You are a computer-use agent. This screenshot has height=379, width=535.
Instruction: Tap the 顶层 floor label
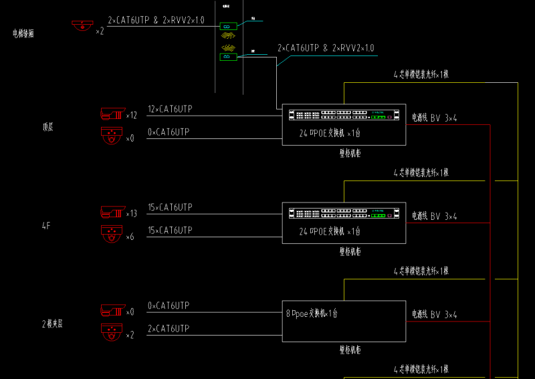47,126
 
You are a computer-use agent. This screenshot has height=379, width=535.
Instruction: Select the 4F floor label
46,226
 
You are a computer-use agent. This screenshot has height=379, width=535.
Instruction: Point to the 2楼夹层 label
52,324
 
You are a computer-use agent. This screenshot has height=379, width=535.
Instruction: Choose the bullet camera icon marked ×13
112,212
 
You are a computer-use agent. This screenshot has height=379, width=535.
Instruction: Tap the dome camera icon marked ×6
112,234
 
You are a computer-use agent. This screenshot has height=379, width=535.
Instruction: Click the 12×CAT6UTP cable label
170,109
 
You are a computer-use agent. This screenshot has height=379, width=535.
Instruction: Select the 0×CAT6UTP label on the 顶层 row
168,132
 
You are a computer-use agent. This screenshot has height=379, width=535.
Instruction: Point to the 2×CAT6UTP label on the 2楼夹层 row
168,329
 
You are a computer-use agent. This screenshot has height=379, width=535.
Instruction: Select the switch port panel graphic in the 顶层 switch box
344,116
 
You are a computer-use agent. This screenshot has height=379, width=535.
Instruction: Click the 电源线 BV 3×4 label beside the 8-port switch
434,314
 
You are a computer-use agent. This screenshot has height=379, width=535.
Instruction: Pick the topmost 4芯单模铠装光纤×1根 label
421,75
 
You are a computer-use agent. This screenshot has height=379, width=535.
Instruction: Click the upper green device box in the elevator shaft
227,27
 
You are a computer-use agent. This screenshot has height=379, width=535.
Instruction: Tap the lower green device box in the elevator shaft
227,57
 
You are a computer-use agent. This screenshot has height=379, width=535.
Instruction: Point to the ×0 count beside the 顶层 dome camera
130,138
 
